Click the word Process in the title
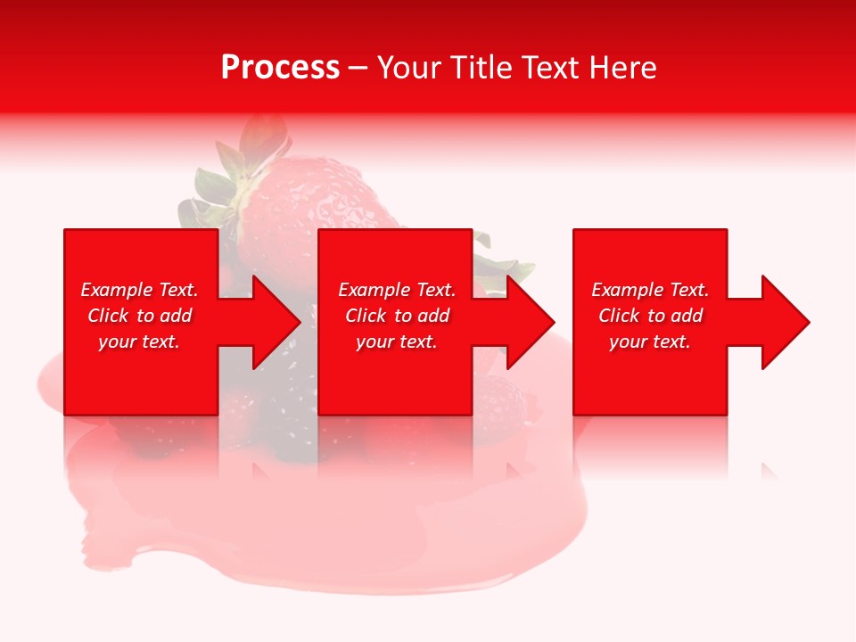[x=280, y=68]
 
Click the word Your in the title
[x=409, y=68]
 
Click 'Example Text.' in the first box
[x=139, y=290]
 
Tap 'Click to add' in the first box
[x=139, y=316]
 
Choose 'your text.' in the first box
[x=139, y=342]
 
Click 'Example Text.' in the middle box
[x=397, y=290]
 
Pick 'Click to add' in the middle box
[x=397, y=316]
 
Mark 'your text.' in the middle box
[x=397, y=342]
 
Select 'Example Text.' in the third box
[x=650, y=290]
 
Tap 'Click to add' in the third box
[x=650, y=316]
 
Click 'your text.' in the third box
[x=650, y=342]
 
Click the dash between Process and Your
[x=358, y=69]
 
